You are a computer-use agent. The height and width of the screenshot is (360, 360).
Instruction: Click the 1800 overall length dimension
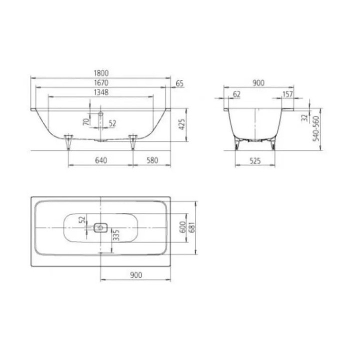coord(101,73)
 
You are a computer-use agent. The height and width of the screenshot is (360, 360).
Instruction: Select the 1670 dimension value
coord(101,82)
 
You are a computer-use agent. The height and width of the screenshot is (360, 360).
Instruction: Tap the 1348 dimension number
coord(101,92)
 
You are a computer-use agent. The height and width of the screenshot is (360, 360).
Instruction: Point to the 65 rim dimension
coord(180,83)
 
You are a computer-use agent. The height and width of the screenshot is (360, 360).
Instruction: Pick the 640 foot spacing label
coord(101,160)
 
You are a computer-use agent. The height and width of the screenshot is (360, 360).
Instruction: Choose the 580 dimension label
coord(152,160)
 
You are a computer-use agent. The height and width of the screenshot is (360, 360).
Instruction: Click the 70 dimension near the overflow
coord(86,121)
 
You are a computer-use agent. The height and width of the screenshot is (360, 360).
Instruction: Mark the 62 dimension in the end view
coord(236,94)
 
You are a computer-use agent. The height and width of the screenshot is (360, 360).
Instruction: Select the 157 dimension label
coord(287,94)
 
